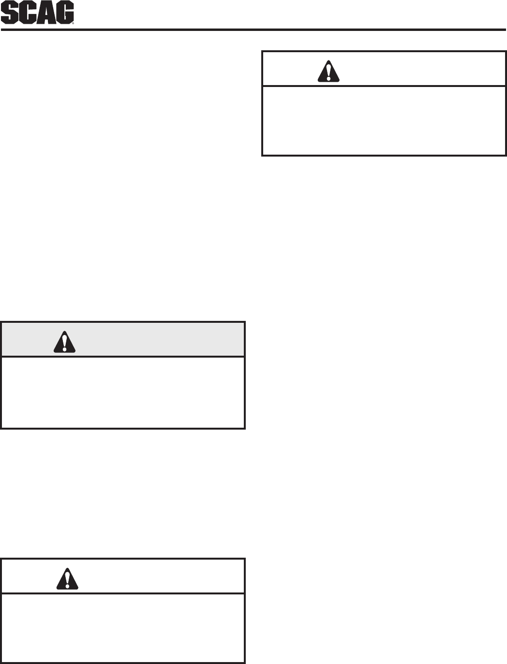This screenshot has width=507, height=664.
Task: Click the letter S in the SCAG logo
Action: click(10, 13)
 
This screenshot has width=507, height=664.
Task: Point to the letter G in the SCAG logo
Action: click(65, 13)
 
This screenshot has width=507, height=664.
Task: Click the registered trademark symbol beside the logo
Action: click(73, 22)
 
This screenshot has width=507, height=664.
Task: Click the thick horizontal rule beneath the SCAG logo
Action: click(253, 30)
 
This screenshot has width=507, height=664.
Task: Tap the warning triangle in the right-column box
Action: click(328, 72)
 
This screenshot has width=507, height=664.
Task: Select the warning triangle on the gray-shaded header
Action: click(64, 342)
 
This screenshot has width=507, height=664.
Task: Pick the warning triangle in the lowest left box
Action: click(67, 579)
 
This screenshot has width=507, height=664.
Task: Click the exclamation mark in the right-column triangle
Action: click(328, 72)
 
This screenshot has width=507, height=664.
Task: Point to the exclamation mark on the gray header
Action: click(64, 343)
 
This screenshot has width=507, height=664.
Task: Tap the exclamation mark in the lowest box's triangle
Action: click(67, 580)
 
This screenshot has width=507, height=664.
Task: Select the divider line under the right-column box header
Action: click(384, 87)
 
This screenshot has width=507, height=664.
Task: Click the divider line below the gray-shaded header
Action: click(123, 357)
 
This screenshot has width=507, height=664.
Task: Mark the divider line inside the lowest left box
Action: click(123, 593)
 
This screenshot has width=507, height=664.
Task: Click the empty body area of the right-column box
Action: click(384, 121)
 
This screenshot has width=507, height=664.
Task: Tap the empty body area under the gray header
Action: click(123, 392)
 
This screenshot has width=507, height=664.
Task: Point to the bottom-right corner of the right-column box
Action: click(505, 155)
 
